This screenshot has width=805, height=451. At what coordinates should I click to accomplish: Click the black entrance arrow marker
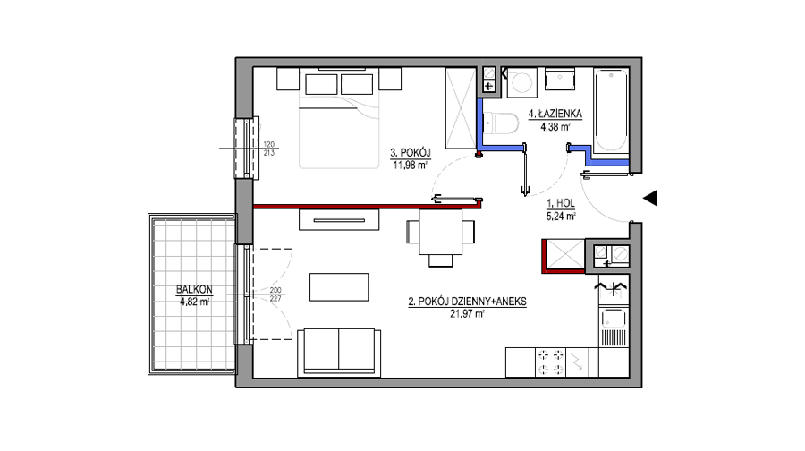[x=651, y=199]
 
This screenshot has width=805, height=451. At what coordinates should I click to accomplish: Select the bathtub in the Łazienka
[x=611, y=110]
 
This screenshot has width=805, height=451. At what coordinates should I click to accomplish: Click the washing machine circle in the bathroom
[x=522, y=82]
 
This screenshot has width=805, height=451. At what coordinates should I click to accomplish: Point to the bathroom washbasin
[x=560, y=81]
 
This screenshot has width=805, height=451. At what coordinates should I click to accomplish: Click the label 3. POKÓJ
[x=411, y=152]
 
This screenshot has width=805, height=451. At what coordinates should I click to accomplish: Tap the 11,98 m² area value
[x=411, y=165]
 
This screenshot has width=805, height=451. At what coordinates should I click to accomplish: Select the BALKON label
[x=194, y=289]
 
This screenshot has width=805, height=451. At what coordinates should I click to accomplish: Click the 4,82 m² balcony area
[x=194, y=302]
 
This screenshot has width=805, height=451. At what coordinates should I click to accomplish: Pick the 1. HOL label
[x=561, y=203]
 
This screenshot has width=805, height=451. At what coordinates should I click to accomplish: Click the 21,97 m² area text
[x=467, y=313]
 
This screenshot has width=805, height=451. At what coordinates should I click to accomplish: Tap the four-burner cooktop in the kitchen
[x=551, y=362]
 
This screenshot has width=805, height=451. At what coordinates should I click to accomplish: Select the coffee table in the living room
[x=339, y=287]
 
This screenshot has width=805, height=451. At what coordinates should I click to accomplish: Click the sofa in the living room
[x=339, y=353]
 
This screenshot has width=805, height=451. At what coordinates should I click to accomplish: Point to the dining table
[x=440, y=232]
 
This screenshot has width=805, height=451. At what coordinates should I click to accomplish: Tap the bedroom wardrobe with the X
[x=461, y=108]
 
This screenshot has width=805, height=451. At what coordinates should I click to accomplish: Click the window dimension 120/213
[x=269, y=149]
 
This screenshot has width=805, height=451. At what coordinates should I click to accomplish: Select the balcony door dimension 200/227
[x=275, y=294]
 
